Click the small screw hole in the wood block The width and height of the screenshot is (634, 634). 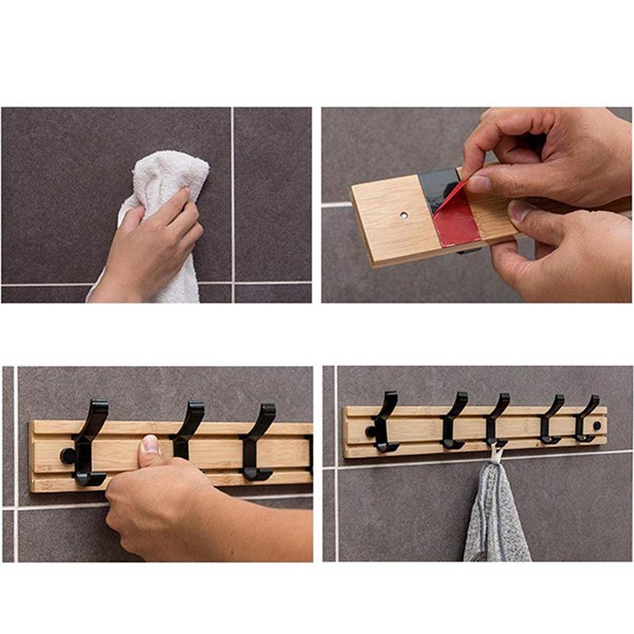click(x=403, y=215)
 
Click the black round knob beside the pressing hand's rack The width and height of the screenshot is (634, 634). click(x=68, y=456)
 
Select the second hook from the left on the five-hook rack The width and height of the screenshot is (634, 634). click(x=453, y=421)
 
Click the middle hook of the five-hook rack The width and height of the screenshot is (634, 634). click(x=497, y=421)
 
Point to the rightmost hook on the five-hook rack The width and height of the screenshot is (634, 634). click(x=586, y=418)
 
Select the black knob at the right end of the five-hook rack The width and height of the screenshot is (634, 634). click(x=597, y=426)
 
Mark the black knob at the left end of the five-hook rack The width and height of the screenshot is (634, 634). click(x=369, y=431)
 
